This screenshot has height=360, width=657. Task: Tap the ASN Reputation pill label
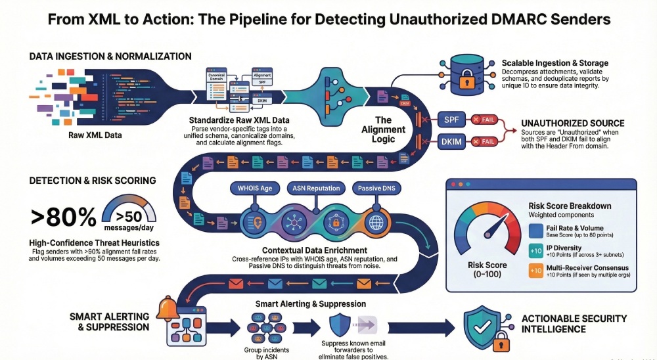coord(315,188)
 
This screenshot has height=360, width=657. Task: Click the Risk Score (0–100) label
coord(488,269)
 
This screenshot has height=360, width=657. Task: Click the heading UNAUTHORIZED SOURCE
coord(572,123)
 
